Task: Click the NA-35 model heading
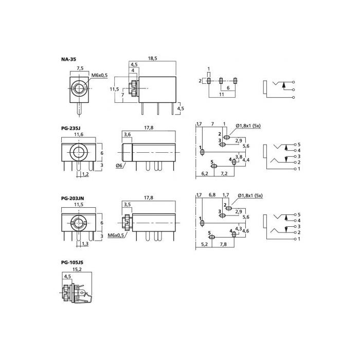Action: [68, 59]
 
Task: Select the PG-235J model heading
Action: [71, 128]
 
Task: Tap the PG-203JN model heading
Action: [73, 198]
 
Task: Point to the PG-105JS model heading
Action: [72, 262]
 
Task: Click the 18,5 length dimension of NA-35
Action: [152, 58]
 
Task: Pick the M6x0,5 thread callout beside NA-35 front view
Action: [99, 75]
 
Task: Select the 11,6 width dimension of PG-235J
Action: [79, 135]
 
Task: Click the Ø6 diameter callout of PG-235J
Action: [119, 165]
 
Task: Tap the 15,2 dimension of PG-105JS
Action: [77, 269]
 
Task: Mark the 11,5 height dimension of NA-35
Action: [114, 89]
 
